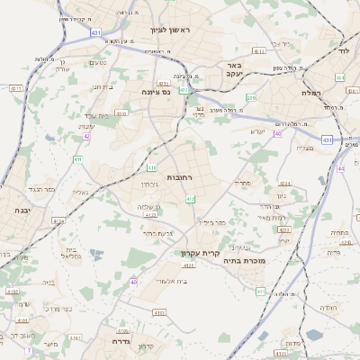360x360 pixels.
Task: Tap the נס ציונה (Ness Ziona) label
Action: click(157, 92)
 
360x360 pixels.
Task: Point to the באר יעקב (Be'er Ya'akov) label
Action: click(234, 70)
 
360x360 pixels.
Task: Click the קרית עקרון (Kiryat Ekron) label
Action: click(200, 253)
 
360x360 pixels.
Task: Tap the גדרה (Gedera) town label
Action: click(121, 341)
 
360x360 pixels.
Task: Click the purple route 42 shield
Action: click(87, 136)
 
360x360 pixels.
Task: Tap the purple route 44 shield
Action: click(340, 168)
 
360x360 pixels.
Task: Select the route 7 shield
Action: click(29, 349)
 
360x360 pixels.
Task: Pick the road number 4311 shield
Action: click(259, 51)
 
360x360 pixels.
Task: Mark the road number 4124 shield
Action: click(59, 220)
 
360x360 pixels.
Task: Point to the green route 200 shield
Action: click(251, 97)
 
